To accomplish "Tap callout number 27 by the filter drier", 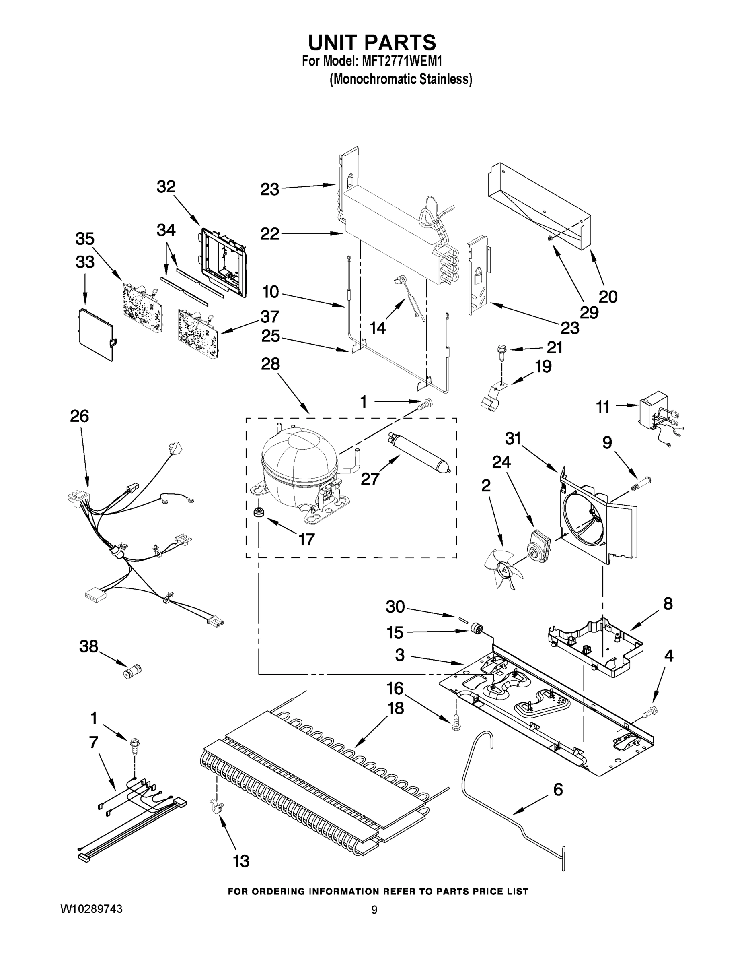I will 370,479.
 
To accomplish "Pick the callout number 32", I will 166,187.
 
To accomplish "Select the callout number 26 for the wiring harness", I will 80,416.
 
